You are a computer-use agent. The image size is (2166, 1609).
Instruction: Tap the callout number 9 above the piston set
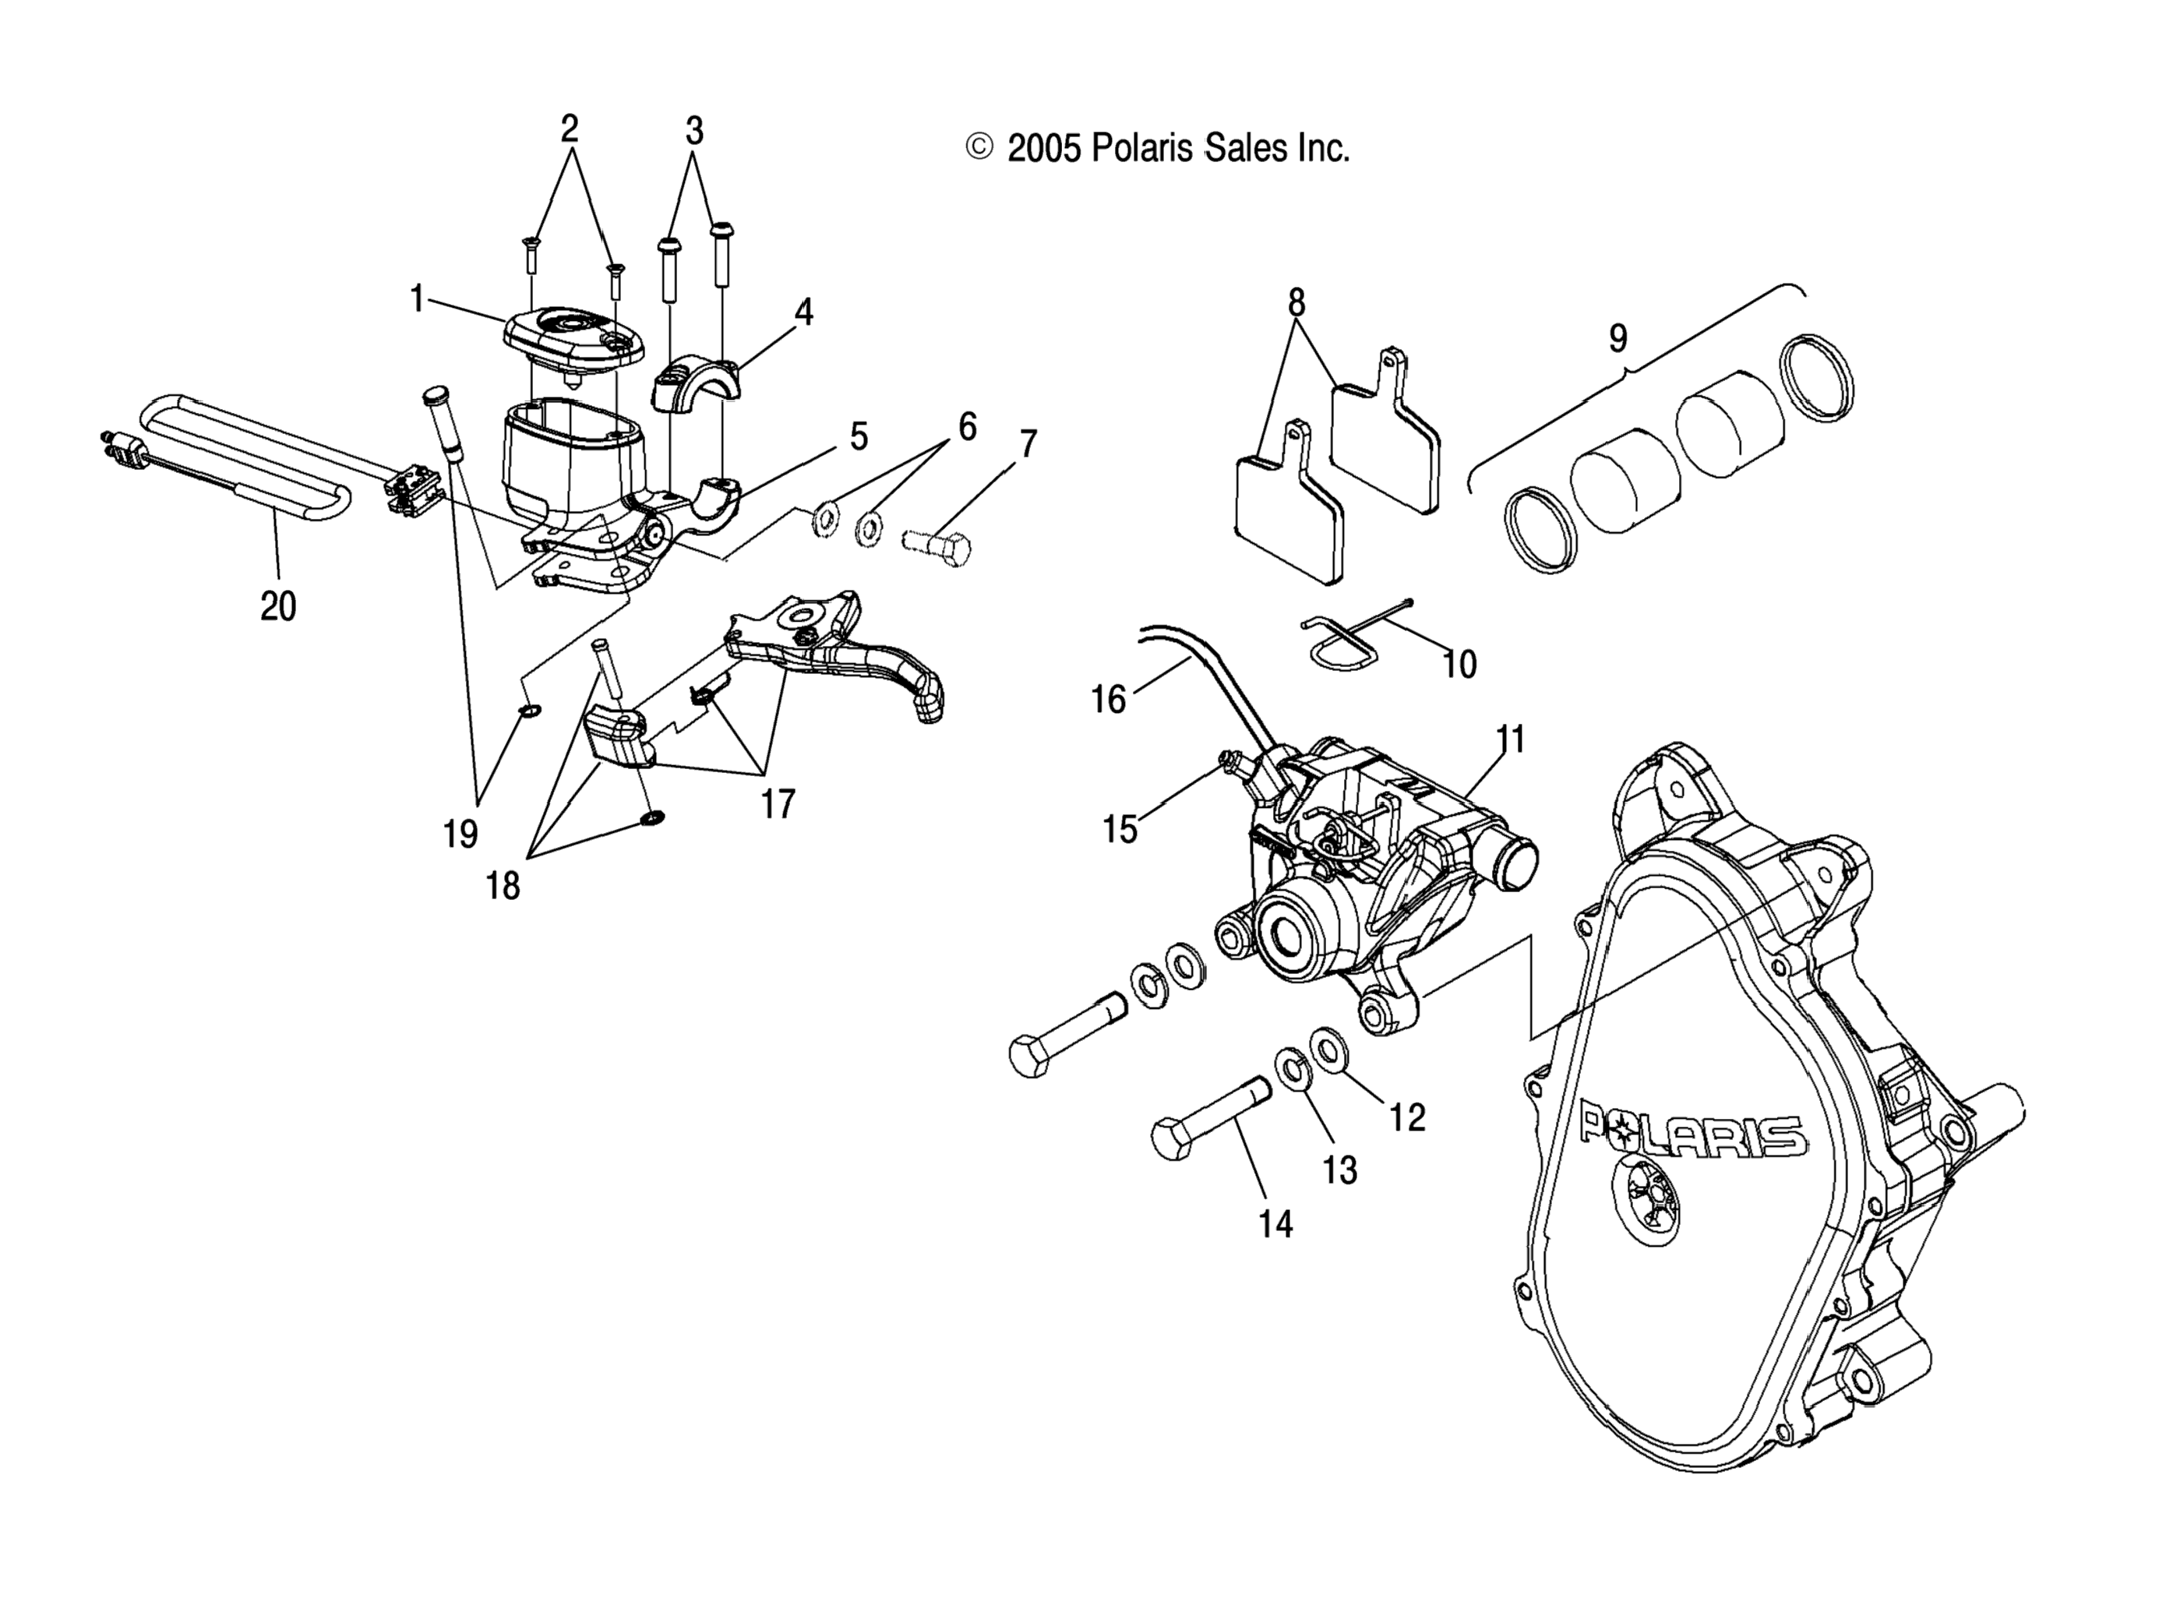[x=1617, y=339]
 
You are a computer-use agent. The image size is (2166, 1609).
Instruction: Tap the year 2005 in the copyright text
[x=1044, y=149]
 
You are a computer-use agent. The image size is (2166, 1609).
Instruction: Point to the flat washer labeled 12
[x=1326, y=1048]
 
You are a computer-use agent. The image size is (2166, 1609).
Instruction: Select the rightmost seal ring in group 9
[x=1816, y=378]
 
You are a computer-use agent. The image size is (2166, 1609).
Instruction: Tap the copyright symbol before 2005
[x=979, y=147]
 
